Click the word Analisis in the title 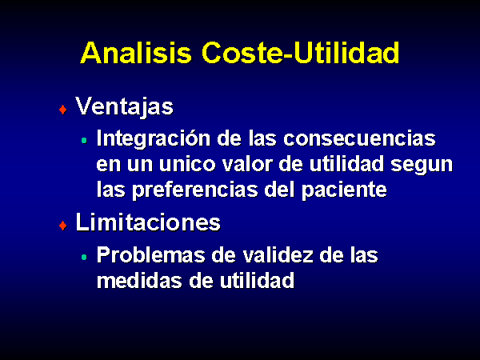point(136,53)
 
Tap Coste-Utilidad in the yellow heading point(301,53)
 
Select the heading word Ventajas point(124,106)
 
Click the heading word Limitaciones point(148,222)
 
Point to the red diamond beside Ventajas point(63,110)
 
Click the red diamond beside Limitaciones point(63,226)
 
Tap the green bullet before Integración point(84,141)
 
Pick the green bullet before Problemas point(84,257)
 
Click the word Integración point(154,139)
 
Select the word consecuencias point(360,138)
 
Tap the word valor point(247,164)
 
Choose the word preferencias point(195,190)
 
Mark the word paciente point(344,190)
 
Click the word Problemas point(151,254)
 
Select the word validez point(278,254)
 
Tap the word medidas point(139,280)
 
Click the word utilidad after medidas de point(257,280)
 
